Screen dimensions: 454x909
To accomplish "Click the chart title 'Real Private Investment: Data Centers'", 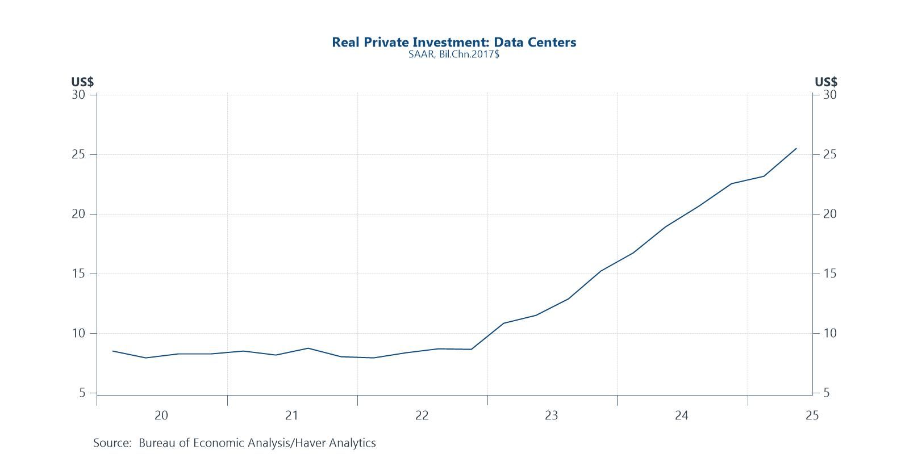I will tap(454, 42).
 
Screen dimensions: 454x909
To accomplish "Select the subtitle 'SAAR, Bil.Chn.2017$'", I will tap(454, 55).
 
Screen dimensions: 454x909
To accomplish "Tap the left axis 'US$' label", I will tap(82, 82).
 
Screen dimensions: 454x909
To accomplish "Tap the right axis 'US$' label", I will tap(826, 82).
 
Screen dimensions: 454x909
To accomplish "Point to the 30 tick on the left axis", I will tap(78, 95).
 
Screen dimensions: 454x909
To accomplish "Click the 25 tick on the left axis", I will tap(78, 154).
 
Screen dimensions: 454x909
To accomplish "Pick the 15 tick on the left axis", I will tap(78, 274).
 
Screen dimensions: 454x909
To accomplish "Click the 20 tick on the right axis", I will tap(829, 214).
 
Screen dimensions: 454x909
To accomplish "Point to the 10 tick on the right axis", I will tap(829, 333).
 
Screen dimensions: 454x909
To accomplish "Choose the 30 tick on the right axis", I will tap(829, 95).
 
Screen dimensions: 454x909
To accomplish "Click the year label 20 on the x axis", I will tap(161, 416).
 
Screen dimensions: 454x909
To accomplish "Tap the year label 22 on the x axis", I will tap(422, 416).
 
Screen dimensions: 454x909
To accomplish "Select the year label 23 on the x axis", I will tap(552, 416).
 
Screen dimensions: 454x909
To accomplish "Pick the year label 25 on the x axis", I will tap(812, 416).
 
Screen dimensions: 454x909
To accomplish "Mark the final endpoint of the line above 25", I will tap(796, 149).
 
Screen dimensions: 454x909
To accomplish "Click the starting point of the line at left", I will tap(113, 351).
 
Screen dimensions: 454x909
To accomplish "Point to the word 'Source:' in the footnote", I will tap(112, 443).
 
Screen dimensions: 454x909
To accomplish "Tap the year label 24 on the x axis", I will tap(682, 416).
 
